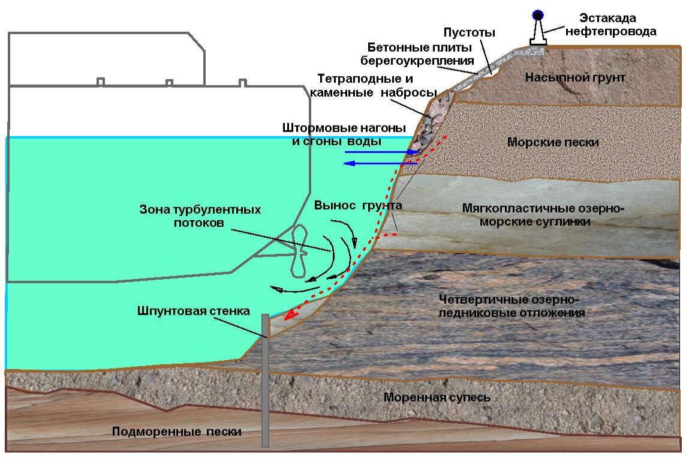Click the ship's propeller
(x=299, y=252)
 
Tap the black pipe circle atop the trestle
(x=538, y=16)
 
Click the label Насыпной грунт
(x=575, y=78)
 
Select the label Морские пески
(x=553, y=142)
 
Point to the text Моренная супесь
(x=437, y=397)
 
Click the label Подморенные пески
(x=177, y=432)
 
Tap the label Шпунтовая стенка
(x=193, y=311)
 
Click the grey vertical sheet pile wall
(x=265, y=380)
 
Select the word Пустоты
(x=469, y=32)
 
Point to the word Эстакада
(x=607, y=18)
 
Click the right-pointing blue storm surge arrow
(x=381, y=152)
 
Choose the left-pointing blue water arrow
(x=381, y=163)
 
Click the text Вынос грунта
(x=358, y=206)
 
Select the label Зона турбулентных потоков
(x=200, y=216)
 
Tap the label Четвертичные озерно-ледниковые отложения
(x=512, y=307)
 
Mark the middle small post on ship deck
(x=169, y=83)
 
